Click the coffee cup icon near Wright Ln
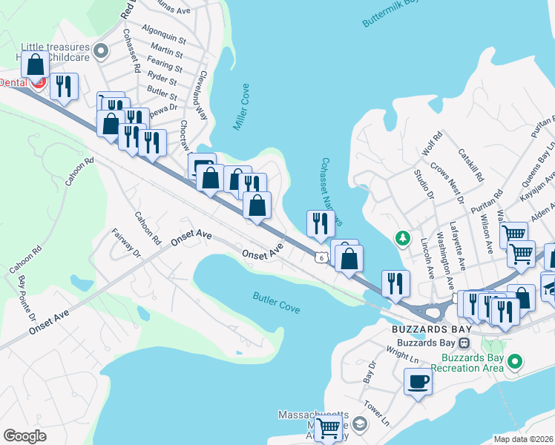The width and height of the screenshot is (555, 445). point(418,382)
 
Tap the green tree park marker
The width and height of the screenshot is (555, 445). point(402,239)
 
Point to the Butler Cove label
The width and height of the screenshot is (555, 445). point(276,302)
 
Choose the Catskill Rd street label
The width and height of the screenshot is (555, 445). point(471,168)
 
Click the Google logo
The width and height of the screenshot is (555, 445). point(25,436)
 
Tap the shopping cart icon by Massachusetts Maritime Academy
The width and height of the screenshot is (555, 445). point(328,427)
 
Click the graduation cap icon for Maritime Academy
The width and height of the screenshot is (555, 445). point(360,425)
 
